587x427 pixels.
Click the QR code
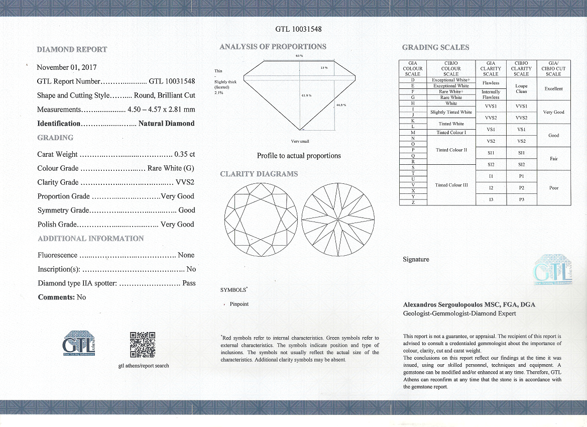click(x=142, y=345)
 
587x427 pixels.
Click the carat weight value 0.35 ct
click(x=184, y=154)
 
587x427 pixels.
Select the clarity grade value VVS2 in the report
click(x=185, y=182)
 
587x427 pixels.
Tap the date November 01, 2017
click(x=67, y=67)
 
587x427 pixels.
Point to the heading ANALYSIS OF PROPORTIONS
click(x=273, y=47)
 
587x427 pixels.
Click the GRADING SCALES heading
click(x=435, y=48)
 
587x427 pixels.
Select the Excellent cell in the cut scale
click(x=553, y=89)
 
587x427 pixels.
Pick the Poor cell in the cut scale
click(x=553, y=188)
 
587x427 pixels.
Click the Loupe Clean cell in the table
click(x=521, y=89)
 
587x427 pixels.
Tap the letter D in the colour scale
click(x=412, y=80)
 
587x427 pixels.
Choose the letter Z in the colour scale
click(x=412, y=202)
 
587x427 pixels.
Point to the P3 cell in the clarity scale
click(x=521, y=199)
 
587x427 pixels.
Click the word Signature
click(x=416, y=260)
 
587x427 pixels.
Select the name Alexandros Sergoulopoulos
click(x=442, y=305)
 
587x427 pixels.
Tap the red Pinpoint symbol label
click(x=239, y=304)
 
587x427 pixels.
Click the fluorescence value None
click(x=186, y=255)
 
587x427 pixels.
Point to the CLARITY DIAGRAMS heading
click(x=259, y=174)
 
